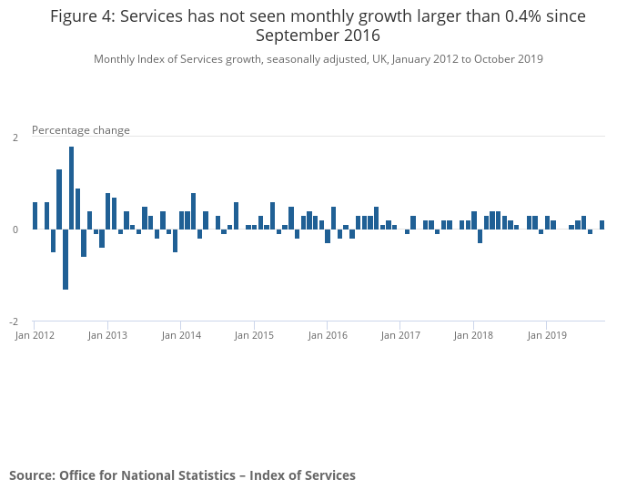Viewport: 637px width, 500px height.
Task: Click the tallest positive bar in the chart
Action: (72, 188)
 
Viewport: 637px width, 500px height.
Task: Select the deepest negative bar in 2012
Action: (66, 260)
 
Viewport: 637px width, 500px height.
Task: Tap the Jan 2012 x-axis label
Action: (35, 335)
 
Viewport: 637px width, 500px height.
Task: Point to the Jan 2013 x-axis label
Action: (107, 335)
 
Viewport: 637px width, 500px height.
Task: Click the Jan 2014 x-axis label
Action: (181, 335)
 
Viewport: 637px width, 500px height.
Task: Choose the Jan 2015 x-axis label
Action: (254, 335)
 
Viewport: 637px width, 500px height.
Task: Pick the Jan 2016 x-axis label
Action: (328, 335)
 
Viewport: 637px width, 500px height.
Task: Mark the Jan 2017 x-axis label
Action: (400, 335)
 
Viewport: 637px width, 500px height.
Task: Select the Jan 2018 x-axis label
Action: (473, 335)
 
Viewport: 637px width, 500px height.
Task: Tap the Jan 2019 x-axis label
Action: (547, 335)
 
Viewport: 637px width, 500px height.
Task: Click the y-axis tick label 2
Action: (15, 138)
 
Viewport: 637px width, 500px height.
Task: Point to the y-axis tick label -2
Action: (14, 322)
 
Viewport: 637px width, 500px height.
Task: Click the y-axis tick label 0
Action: (15, 230)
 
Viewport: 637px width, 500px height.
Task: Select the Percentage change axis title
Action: (81, 130)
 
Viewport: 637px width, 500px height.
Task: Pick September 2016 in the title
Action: (318, 36)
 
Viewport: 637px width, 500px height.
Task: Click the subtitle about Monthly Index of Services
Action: (318, 59)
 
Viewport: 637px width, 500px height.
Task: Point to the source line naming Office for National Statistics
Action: (182, 475)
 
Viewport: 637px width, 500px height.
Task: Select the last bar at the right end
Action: (602, 225)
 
